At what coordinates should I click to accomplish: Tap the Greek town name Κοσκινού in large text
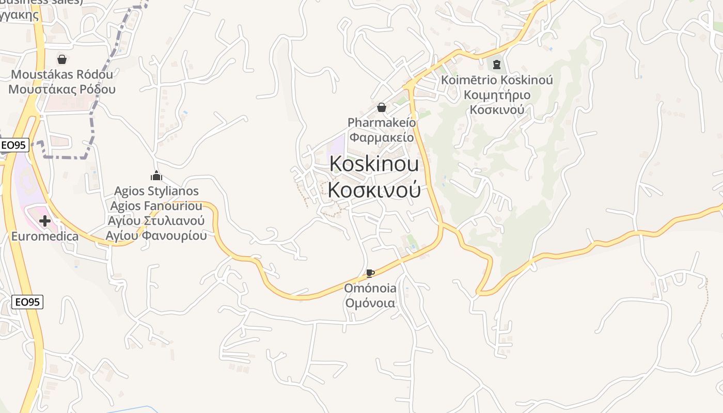coord(374,190)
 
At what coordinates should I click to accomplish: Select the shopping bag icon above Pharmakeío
coord(382,107)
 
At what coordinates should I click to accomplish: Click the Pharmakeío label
coord(382,122)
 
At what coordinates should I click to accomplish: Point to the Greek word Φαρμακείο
coord(382,137)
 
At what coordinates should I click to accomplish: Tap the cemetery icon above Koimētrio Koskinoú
coord(496,64)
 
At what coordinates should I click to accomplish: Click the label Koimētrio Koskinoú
coord(496,80)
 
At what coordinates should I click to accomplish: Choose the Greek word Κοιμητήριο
coord(496,95)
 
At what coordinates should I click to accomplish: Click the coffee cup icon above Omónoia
coord(370,273)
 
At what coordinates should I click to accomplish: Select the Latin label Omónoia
coord(370,288)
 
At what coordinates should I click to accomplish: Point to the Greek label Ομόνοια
coord(370,303)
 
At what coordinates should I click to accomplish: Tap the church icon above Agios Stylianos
coord(156,176)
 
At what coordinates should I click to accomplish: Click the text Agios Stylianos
coord(156,191)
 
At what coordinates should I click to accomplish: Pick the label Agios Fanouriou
coord(156,206)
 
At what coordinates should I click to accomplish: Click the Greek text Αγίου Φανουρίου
coord(156,236)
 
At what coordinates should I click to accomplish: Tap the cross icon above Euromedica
coord(45,221)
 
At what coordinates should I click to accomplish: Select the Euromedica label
coord(45,236)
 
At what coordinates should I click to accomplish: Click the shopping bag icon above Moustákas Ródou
coord(62,59)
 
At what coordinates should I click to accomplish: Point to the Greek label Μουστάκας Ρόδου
coord(62,89)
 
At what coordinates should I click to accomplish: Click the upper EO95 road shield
coord(14,145)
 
